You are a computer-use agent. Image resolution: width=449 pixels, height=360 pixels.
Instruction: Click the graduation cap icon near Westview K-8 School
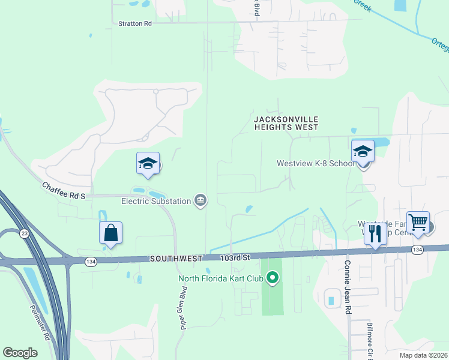pyautogui.click(x=363, y=151)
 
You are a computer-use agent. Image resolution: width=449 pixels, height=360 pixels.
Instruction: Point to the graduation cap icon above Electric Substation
pyautogui.click(x=148, y=163)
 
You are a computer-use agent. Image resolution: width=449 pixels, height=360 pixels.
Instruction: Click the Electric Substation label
pyautogui.click(x=155, y=201)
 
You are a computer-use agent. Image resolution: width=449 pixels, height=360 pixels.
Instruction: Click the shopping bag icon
pyautogui.click(x=111, y=233)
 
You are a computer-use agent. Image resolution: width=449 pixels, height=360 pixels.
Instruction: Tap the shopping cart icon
pyautogui.click(x=418, y=223)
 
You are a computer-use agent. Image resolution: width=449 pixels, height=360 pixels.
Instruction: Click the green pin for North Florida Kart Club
pyautogui.click(x=273, y=278)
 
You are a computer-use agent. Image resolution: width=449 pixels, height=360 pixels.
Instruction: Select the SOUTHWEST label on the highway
pyautogui.click(x=176, y=258)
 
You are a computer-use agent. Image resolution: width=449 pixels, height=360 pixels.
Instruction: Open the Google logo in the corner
pyautogui.click(x=20, y=352)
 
